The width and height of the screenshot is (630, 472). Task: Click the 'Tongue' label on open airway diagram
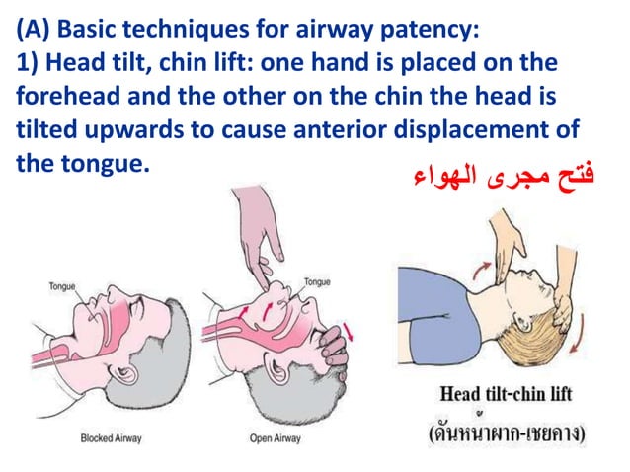point(317,281)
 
